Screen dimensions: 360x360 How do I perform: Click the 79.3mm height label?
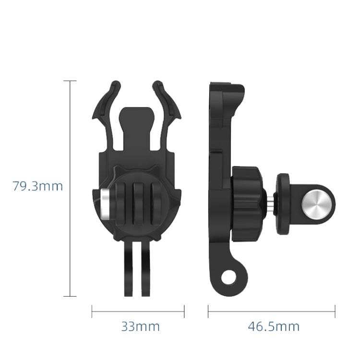[37, 186]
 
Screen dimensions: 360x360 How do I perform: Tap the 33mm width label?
[140, 327]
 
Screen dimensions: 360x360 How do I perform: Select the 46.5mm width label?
[274, 327]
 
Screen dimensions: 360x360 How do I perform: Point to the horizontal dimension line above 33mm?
[138, 311]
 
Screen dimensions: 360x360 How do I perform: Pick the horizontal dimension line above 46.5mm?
[272, 311]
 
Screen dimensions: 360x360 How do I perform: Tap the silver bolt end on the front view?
[106, 201]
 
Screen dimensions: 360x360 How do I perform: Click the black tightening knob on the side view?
[248, 204]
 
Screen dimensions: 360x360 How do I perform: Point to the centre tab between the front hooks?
[136, 118]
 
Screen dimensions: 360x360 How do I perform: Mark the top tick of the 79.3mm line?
[70, 81]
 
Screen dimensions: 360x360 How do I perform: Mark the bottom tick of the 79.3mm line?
[70, 296]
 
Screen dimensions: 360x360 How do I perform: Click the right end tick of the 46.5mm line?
[335, 311]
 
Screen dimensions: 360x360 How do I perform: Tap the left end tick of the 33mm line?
[92, 311]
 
